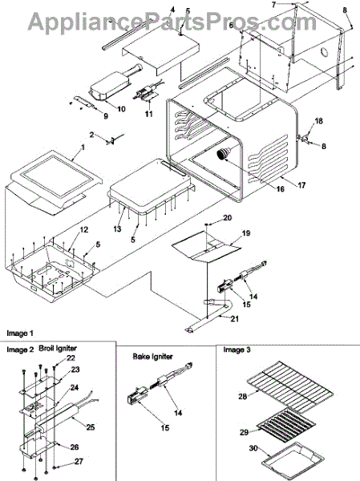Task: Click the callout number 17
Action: tap(301, 185)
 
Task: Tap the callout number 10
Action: tap(121, 108)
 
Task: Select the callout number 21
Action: tap(234, 319)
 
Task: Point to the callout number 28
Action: tap(242, 396)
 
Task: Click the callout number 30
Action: tap(253, 448)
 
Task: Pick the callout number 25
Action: tap(91, 426)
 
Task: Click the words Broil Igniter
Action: tap(58, 348)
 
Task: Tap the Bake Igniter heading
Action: tap(152, 357)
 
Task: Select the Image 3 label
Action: tap(237, 350)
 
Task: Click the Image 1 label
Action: tap(20, 333)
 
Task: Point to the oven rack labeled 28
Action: tap(290, 386)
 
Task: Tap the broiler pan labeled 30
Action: tap(293, 459)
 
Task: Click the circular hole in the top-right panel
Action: tap(323, 52)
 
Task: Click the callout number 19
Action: tap(246, 233)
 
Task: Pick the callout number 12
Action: tap(83, 230)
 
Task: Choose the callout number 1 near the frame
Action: tap(83, 148)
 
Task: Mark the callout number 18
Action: tap(318, 121)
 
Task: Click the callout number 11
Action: tap(149, 114)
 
